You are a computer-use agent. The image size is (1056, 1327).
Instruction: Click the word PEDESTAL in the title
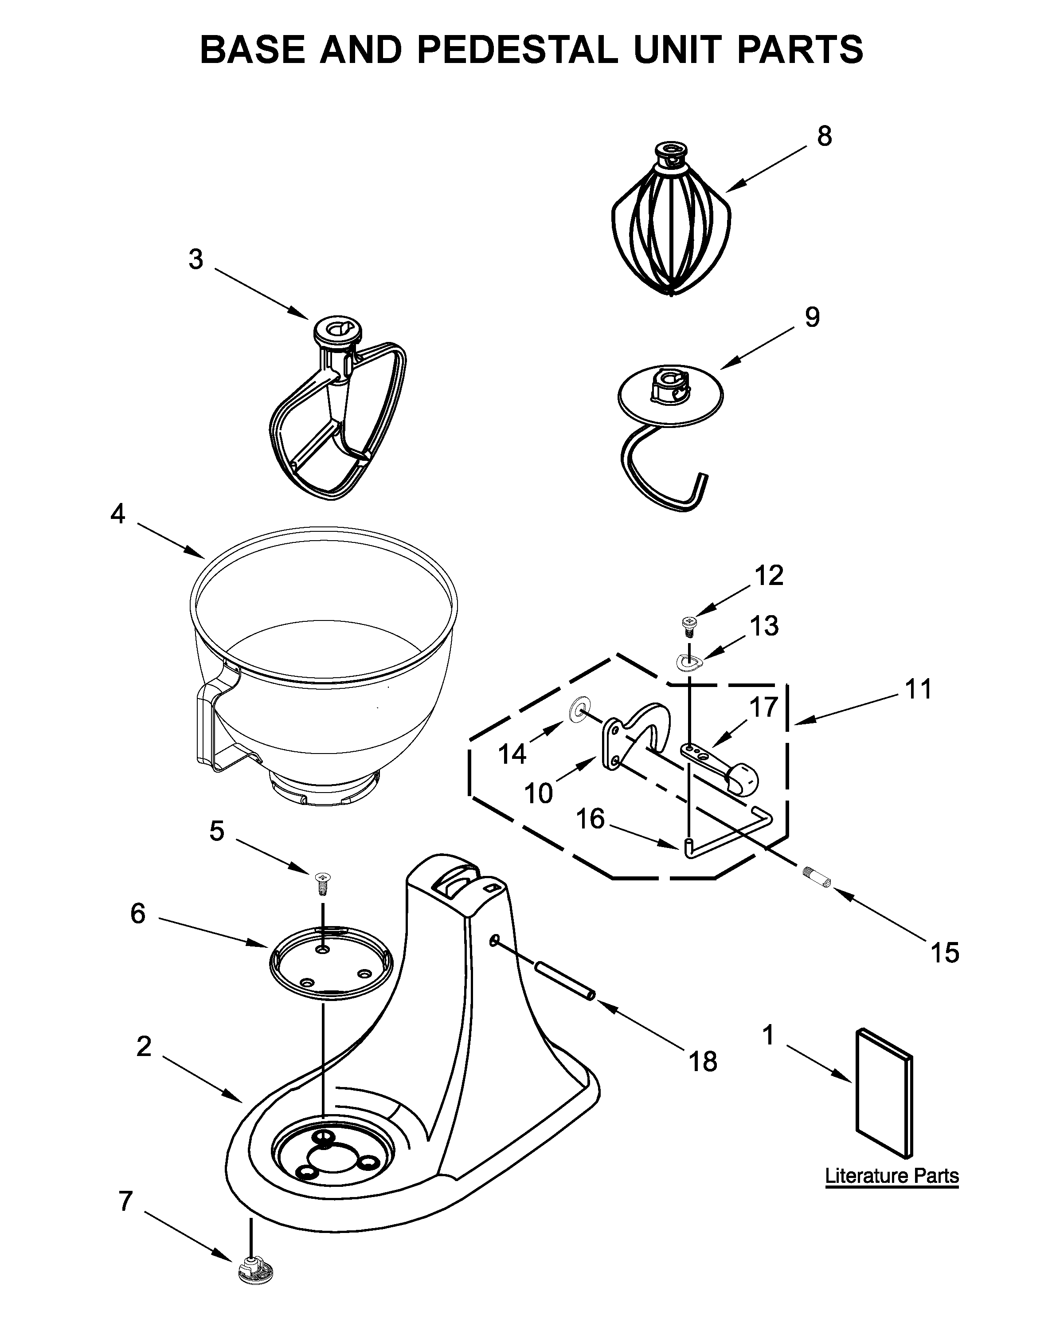(517, 49)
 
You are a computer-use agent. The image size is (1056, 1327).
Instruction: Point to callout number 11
(919, 689)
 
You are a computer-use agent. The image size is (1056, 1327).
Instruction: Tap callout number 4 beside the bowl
(117, 513)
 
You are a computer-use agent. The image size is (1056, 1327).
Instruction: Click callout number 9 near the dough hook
(812, 317)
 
